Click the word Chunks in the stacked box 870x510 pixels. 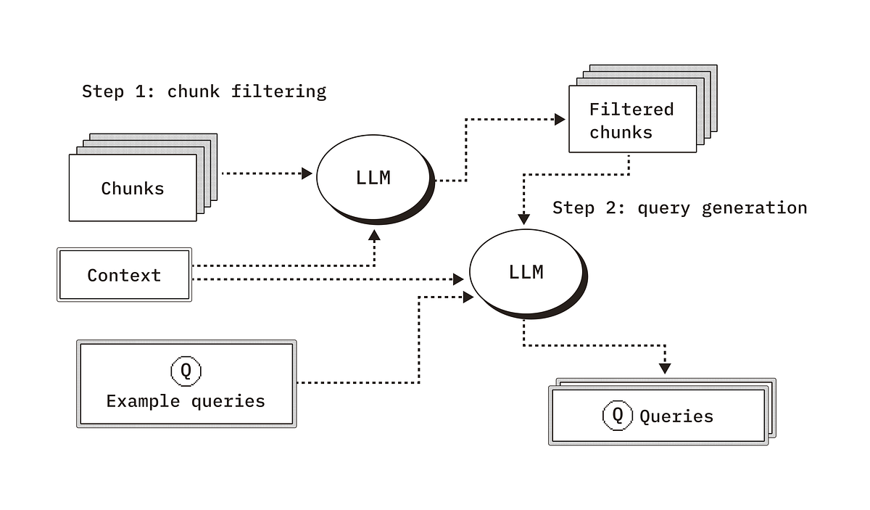pos(133,189)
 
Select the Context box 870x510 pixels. pos(124,275)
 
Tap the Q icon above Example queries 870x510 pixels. pos(186,371)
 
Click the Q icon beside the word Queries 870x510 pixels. pos(617,415)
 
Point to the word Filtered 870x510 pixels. pos(631,110)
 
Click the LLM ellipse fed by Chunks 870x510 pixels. pos(373,178)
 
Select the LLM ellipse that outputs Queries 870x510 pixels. pos(526,272)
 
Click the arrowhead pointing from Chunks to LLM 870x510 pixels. pos(307,173)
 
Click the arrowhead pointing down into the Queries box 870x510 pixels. pos(664,369)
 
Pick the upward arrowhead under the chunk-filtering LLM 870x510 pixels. pos(374,235)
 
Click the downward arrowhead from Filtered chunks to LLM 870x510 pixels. pos(523,218)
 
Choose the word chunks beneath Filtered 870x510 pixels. pos(621,133)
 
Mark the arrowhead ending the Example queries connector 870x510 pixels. pos(468,297)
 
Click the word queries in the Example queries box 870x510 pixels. pos(228,401)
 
